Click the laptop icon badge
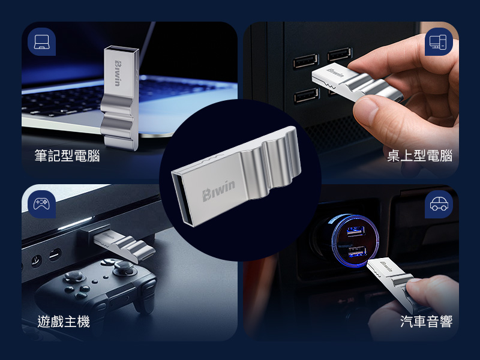tap(41, 41)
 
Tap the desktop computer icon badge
tap(439, 41)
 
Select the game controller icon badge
tap(41, 204)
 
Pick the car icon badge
tap(439, 204)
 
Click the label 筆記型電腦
tap(67, 155)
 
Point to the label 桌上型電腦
tap(419, 155)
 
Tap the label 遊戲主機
tap(64, 322)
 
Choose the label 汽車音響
tap(426, 322)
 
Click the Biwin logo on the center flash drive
tap(218, 191)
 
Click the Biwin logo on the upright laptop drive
tap(118, 73)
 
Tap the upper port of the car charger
tap(355, 230)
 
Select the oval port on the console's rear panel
tap(55, 255)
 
